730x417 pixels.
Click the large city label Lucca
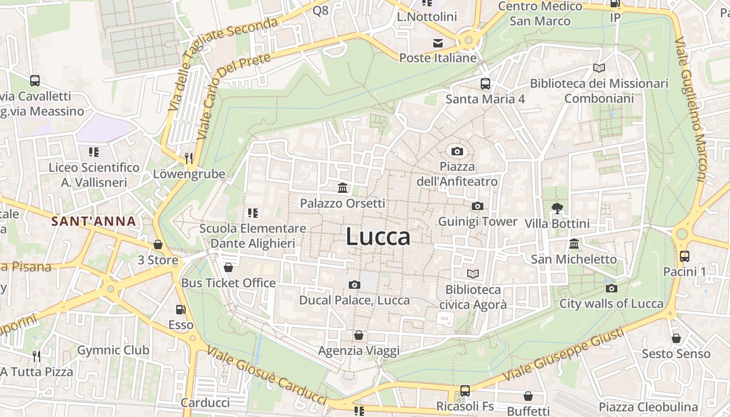[378, 237]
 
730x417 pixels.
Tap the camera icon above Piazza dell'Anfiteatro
[457, 151]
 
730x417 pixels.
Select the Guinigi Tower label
[478, 222]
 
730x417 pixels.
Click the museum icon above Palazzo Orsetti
[343, 188]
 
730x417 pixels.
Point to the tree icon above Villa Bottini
[557, 208]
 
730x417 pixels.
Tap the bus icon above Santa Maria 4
[485, 83]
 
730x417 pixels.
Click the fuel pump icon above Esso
[180, 310]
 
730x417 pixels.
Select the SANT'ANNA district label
[94, 221]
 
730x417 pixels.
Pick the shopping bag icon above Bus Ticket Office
[228, 267]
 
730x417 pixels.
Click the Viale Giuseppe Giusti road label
[563, 356]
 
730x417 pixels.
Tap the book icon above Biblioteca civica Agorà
[473, 274]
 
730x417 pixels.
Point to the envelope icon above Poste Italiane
[438, 43]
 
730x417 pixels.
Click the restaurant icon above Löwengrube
[189, 158]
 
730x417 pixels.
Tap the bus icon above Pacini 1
[684, 256]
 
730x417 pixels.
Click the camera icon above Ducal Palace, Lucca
[355, 285]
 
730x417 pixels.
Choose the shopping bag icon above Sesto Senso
[676, 338]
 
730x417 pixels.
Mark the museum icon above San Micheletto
[574, 243]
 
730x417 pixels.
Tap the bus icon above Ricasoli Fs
[465, 390]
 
